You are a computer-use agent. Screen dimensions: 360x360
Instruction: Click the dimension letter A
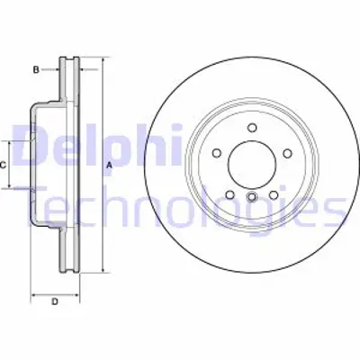(x=109, y=165)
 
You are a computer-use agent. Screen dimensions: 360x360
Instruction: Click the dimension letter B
(x=36, y=68)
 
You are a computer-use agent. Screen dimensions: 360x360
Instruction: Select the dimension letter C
(x=4, y=165)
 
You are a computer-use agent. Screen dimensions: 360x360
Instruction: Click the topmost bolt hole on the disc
(x=252, y=126)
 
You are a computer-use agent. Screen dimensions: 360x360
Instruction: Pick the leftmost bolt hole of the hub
(x=217, y=154)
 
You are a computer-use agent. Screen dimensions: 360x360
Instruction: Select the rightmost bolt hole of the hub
(x=287, y=154)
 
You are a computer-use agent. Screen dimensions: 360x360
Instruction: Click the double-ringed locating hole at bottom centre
(x=252, y=198)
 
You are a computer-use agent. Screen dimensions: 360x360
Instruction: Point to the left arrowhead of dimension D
(x=34, y=293)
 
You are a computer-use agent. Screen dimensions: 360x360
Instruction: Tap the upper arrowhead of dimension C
(x=13, y=144)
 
